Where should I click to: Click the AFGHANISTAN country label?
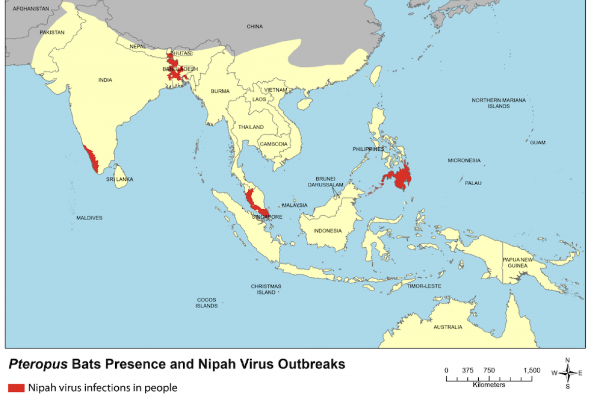coord(31,9)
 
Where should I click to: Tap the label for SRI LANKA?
coord(120,179)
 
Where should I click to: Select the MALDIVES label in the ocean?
coord(89,218)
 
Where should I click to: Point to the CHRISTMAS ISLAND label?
coord(266,289)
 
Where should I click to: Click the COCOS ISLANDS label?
coord(206,303)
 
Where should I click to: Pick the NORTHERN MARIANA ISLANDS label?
coord(498,103)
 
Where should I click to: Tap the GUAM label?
coord(537,142)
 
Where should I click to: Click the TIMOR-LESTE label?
coord(424,286)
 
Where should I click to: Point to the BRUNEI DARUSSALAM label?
coord(329,182)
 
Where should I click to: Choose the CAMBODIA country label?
coord(273,144)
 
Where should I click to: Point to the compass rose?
coord(567,372)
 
